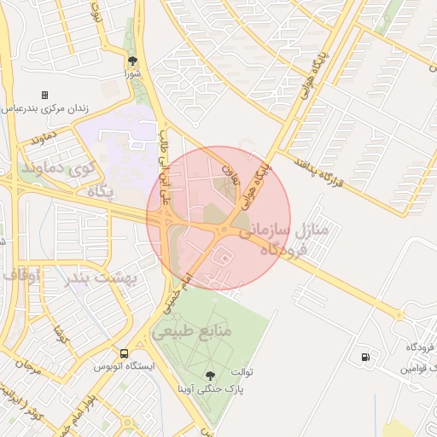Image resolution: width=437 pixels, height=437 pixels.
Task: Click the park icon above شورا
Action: pyautogui.click(x=132, y=61)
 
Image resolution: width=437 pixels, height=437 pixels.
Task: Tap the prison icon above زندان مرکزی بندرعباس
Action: pyautogui.click(x=44, y=95)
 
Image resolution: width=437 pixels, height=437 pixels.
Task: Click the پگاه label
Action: pyautogui.click(x=100, y=193)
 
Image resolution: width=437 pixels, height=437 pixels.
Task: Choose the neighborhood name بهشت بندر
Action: pyautogui.click(x=106, y=277)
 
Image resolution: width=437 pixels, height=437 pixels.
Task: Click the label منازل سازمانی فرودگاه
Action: pyautogui.click(x=281, y=240)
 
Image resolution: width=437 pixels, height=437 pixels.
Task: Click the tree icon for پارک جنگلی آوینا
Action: pyautogui.click(x=210, y=374)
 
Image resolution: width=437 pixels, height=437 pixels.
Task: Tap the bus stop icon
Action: pyautogui.click(x=125, y=353)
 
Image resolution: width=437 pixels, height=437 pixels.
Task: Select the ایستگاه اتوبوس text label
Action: pyautogui.click(x=125, y=367)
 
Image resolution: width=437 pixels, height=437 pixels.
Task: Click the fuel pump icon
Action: pyautogui.click(x=365, y=356)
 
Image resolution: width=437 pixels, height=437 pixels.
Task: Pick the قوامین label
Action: pyautogui.click(x=419, y=369)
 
